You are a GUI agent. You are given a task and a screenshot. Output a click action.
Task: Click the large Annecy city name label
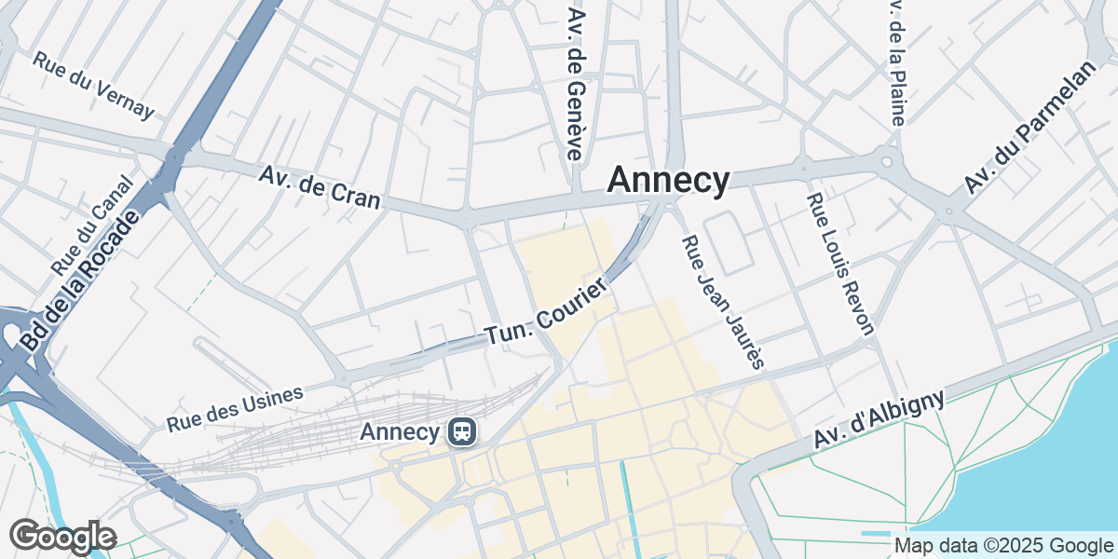(668, 181)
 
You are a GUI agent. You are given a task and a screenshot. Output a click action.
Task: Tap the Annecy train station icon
(461, 431)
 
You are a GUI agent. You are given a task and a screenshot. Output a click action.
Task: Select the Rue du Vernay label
(92, 84)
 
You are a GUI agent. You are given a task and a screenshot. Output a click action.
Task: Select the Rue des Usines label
(235, 408)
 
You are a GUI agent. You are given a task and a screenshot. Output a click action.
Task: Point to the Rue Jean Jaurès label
(723, 302)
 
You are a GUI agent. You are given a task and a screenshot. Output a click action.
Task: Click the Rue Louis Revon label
(840, 264)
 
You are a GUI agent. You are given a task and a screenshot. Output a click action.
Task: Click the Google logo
(62, 537)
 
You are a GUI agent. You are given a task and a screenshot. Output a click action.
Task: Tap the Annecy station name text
(400, 432)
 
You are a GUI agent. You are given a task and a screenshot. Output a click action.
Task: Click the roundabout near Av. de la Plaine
(888, 163)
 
